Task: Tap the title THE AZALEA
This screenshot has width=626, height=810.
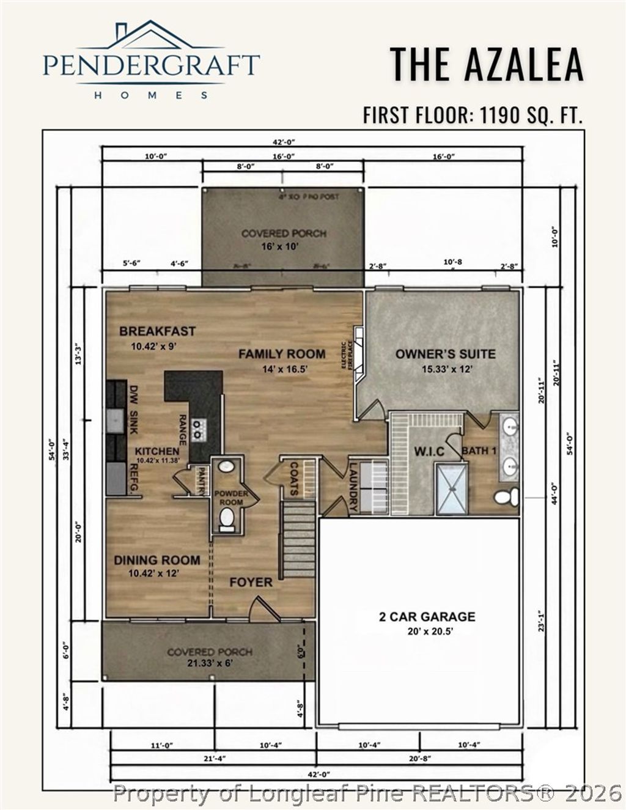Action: [x=487, y=64]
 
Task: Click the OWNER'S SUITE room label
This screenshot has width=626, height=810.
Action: [x=445, y=353]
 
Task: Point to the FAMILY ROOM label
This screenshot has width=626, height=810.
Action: [x=281, y=353]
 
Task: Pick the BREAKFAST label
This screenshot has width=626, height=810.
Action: [x=157, y=331]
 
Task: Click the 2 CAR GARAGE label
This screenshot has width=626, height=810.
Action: [x=427, y=616]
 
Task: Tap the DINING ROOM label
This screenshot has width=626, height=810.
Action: [x=156, y=560]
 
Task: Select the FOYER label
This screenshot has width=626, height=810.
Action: [x=251, y=582]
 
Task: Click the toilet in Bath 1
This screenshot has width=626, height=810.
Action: [x=506, y=496]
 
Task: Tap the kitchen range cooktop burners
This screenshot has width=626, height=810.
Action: [x=197, y=429]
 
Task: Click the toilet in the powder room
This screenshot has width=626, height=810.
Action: [x=227, y=519]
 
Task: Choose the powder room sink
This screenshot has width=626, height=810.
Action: [x=226, y=466]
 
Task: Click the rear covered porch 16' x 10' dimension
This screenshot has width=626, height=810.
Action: [x=283, y=246]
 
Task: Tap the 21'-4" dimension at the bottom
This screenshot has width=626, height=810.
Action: [x=213, y=759]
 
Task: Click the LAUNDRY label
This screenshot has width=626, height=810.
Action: [x=353, y=486]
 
